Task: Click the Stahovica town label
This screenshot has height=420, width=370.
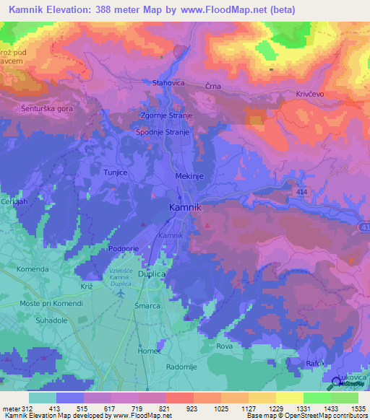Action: pyautogui.click(x=168, y=83)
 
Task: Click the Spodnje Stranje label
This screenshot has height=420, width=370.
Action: pyautogui.click(x=163, y=133)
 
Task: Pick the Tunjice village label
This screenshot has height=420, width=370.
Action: pyautogui.click(x=116, y=173)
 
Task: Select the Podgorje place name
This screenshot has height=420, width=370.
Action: pyautogui.click(x=123, y=248)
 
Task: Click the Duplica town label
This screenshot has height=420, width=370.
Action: pyautogui.click(x=152, y=275)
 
